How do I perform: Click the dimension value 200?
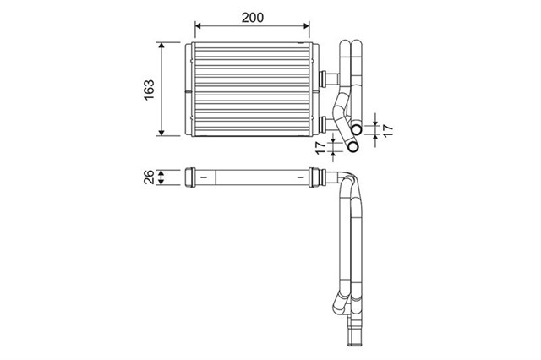249,15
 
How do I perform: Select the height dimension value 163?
149,88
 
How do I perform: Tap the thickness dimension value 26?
149,177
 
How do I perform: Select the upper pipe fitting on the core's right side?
322,78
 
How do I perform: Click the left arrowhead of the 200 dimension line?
199,27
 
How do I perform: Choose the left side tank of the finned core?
189,88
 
